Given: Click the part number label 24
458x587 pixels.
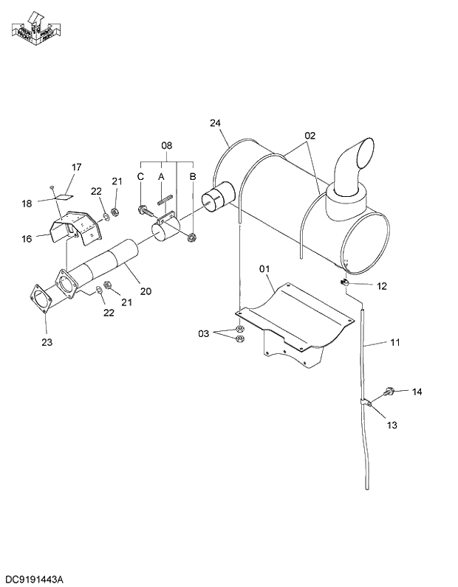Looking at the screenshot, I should pos(216,123).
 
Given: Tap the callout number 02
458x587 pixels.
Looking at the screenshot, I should pos(310,136).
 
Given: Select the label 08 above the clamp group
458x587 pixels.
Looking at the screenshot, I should pos(167,146).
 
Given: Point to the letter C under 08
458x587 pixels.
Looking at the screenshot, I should pos(140,176).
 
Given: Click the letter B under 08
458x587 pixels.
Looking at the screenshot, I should pos(192,176).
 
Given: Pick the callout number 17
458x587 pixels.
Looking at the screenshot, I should pos(76,167).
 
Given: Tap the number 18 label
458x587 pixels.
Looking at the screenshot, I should pos(27,203).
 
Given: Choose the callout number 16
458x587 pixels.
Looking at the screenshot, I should pos(27,238).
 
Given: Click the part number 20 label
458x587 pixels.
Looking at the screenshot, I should pos(146,291).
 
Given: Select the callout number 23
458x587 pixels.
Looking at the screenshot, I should pos(47,341).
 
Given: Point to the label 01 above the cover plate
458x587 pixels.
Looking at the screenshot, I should pos(264,270).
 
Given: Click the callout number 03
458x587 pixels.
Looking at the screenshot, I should pos(204,333).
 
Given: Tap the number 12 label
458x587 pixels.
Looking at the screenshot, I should pos(382,285).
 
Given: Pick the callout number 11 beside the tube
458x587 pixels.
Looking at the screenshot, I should pos(395,342).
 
